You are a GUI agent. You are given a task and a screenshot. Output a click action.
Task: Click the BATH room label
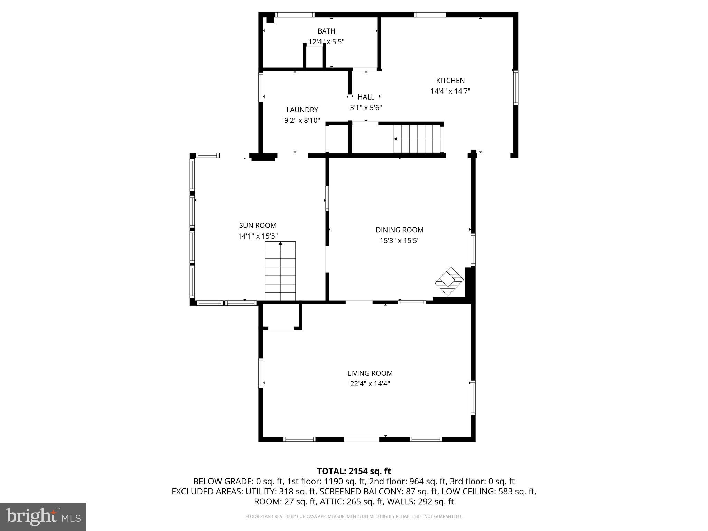pyautogui.click(x=326, y=31)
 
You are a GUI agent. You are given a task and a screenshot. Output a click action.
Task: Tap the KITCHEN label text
pyautogui.click(x=450, y=81)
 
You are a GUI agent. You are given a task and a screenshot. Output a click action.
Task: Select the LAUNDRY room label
pyautogui.click(x=302, y=110)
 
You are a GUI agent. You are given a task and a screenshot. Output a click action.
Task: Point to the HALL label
pyautogui.click(x=366, y=97)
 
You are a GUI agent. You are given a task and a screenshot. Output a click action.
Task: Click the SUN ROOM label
pyautogui.click(x=258, y=225)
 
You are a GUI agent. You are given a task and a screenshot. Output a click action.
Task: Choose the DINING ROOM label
pyautogui.click(x=399, y=230)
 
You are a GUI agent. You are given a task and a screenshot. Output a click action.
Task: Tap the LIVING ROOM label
pyautogui.click(x=370, y=373)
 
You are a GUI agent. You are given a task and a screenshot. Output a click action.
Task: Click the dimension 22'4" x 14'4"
pyautogui.click(x=370, y=384)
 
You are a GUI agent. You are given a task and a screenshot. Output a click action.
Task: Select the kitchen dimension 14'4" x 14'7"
pyautogui.click(x=450, y=91)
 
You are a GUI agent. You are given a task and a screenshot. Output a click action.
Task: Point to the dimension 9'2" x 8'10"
pyautogui.click(x=302, y=121)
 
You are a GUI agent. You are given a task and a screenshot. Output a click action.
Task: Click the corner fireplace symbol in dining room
pyautogui.click(x=449, y=281)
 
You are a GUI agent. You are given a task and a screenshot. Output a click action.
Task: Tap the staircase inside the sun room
pyautogui.click(x=280, y=271)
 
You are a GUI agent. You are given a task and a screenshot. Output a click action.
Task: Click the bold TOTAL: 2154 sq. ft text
pyautogui.click(x=354, y=471)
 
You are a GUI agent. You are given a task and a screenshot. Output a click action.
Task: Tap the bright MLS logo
pyautogui.click(x=43, y=516)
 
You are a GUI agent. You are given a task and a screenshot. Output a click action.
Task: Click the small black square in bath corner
pyautogui.click(x=270, y=20)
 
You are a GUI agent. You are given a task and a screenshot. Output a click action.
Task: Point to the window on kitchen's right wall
pyautogui.click(x=515, y=87)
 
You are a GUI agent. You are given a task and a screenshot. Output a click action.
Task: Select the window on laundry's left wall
pyautogui.click(x=261, y=87)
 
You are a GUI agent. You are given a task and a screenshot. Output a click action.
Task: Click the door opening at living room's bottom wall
pyautogui.click(x=362, y=439)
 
